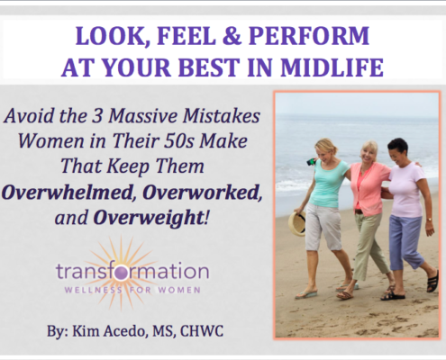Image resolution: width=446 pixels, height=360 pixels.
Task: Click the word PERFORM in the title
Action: (309, 36)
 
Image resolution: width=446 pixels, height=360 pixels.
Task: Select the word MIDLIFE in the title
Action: (332, 67)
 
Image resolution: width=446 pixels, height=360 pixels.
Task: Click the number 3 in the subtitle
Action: (97, 116)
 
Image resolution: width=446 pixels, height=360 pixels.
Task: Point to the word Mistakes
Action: (222, 115)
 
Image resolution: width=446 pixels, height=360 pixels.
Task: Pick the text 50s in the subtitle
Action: (179, 140)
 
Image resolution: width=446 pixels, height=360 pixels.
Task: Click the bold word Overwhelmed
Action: (68, 192)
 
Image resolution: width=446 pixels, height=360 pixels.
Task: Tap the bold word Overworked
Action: (202, 192)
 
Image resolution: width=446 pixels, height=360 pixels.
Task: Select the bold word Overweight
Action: (149, 218)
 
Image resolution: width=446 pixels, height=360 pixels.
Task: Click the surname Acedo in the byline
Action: (126, 331)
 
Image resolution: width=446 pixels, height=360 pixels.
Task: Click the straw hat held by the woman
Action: (297, 223)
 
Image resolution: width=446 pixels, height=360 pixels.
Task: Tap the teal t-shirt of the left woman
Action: (329, 183)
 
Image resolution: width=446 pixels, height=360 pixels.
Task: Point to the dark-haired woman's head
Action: (397, 150)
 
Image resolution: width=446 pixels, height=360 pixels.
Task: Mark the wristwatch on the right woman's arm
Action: (429, 220)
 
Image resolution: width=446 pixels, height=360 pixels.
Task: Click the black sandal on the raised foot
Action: (432, 281)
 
